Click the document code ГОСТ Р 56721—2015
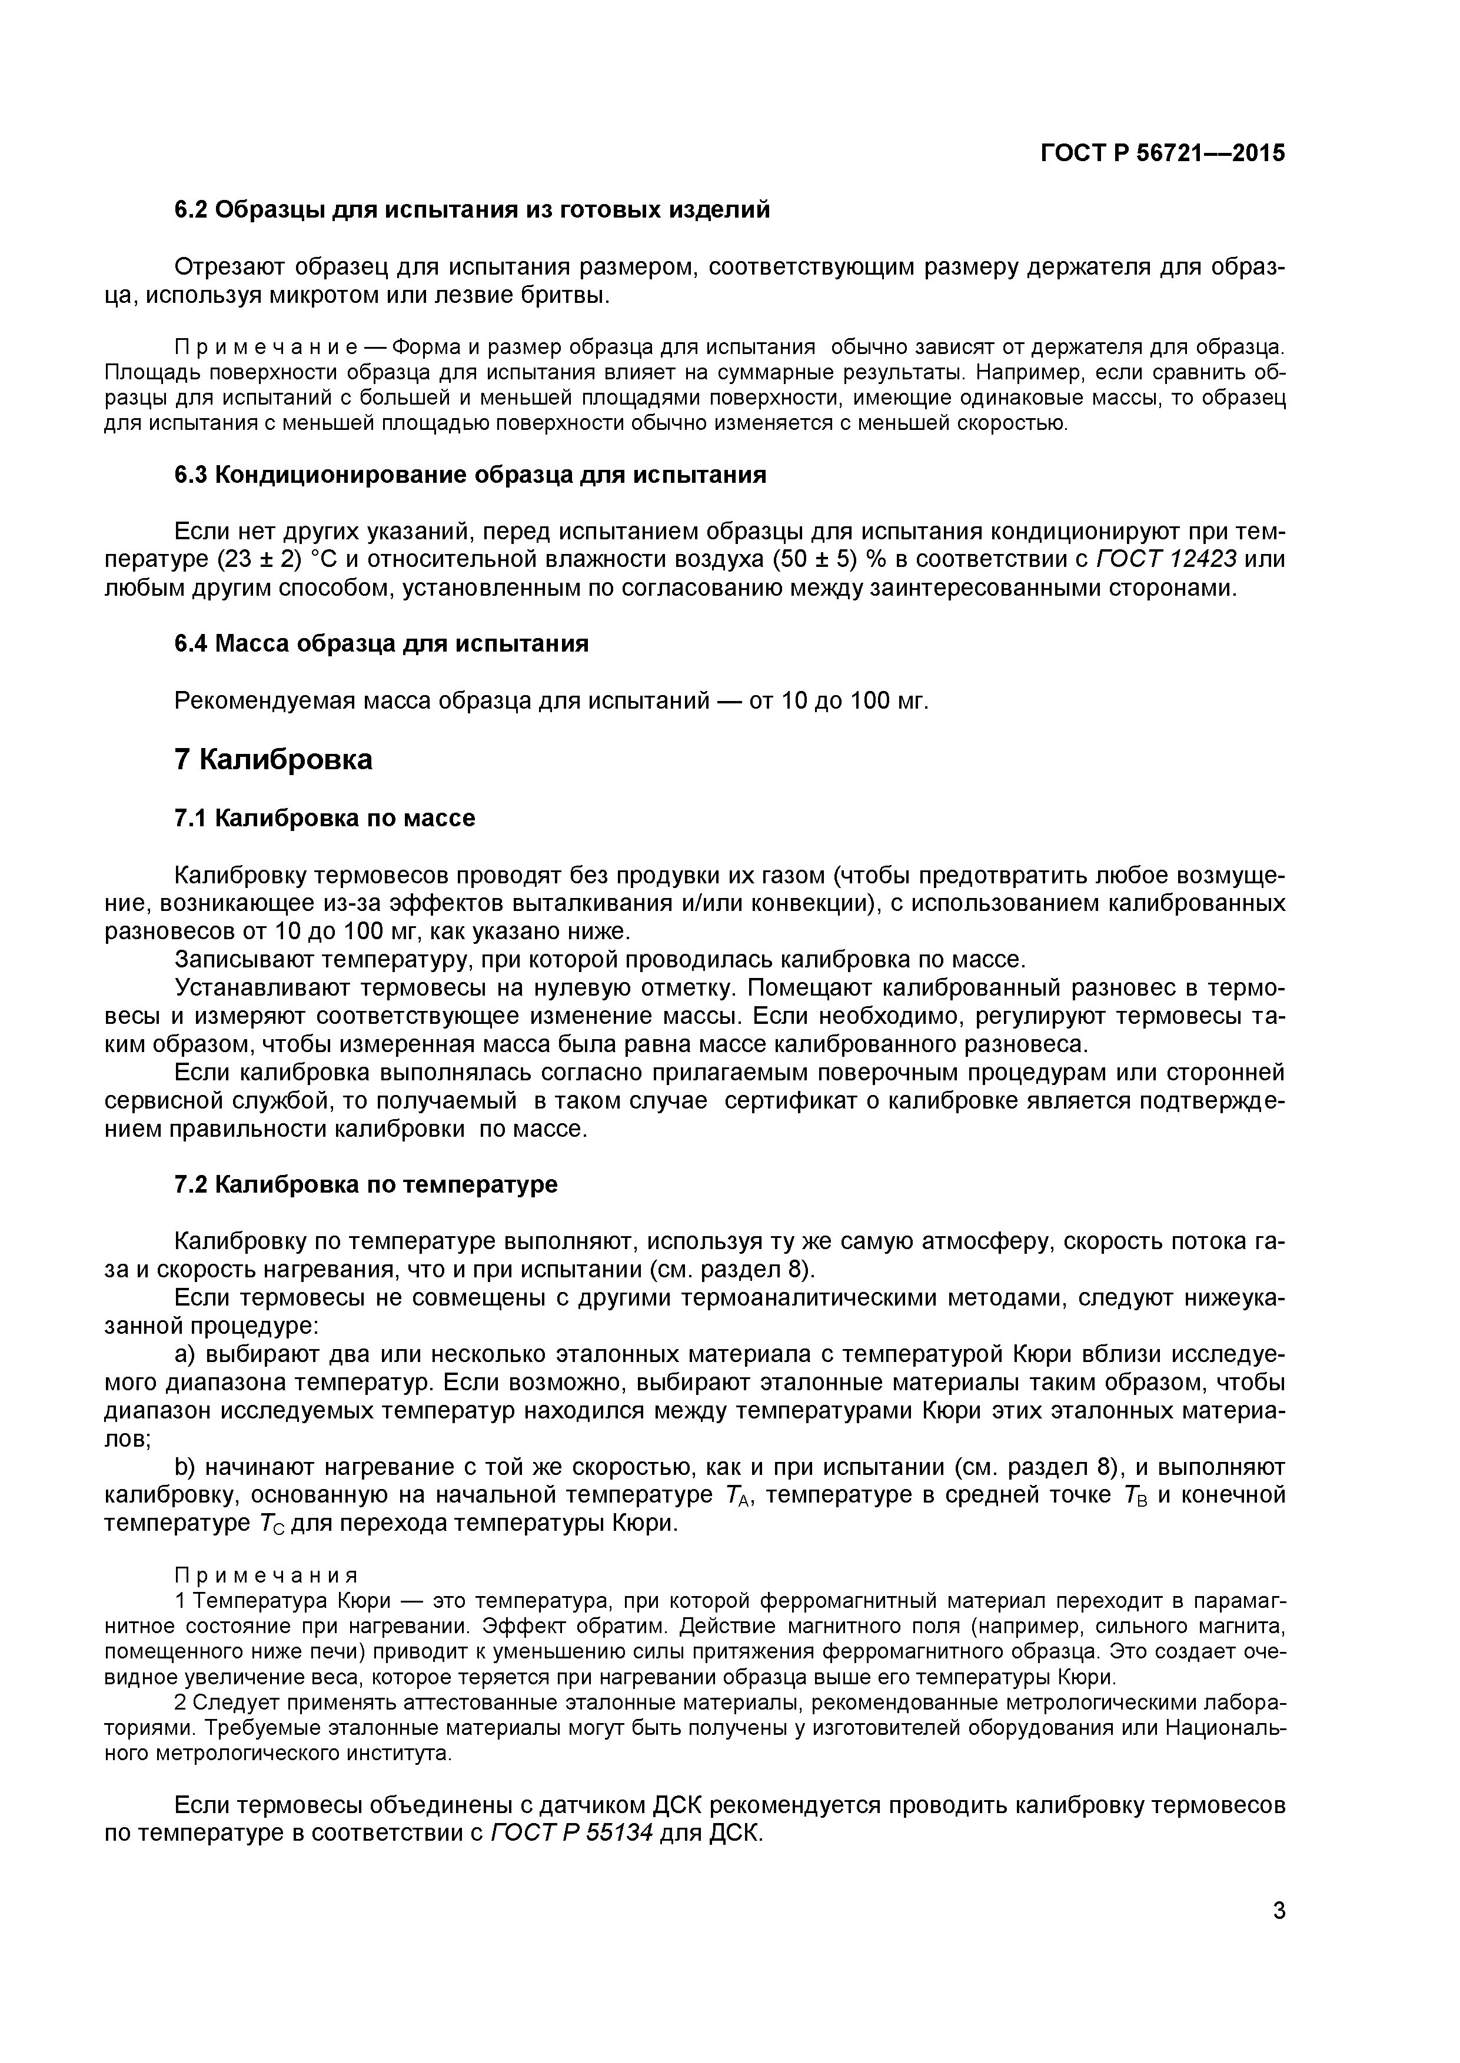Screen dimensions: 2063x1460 [1162, 153]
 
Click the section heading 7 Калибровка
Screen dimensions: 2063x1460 [273, 759]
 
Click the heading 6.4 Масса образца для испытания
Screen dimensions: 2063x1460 [381, 643]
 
